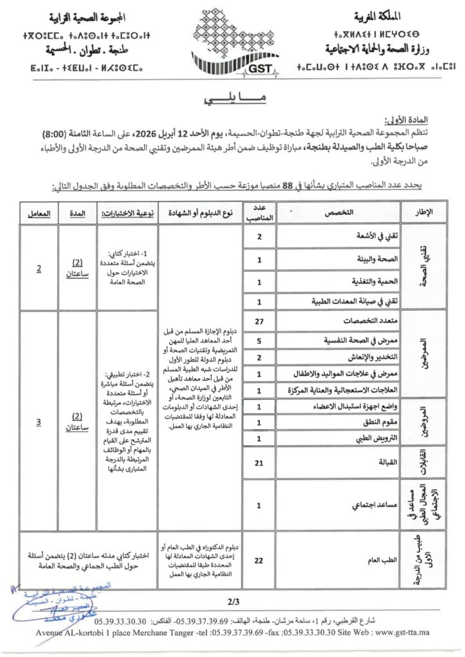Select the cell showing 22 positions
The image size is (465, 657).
click(258, 560)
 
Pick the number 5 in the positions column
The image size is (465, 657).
click(258, 341)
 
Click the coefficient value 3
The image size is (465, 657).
click(38, 422)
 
